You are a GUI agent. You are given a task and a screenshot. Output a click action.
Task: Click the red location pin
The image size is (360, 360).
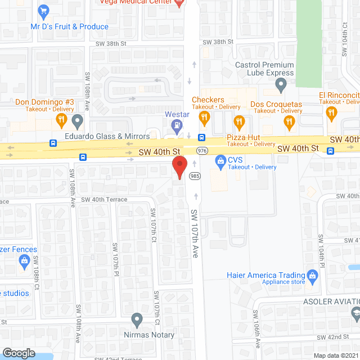[179, 168]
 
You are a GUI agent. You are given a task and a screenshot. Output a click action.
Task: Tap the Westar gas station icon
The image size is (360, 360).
[177, 125]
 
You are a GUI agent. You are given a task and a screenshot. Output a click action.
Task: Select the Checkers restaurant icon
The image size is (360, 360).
[204, 118]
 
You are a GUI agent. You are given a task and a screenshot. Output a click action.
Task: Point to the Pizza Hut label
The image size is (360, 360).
[241, 137]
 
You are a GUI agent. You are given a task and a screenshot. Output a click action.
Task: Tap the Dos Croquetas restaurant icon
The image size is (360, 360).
[239, 121]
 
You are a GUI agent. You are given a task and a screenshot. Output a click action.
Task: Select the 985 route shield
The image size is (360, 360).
[195, 177]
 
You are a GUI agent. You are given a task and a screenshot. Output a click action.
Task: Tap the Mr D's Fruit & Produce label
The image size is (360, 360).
[70, 26]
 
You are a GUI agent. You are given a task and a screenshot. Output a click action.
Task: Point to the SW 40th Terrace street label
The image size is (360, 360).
[104, 200]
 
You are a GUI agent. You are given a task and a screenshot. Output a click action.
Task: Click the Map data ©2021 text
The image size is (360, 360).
[335, 355]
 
